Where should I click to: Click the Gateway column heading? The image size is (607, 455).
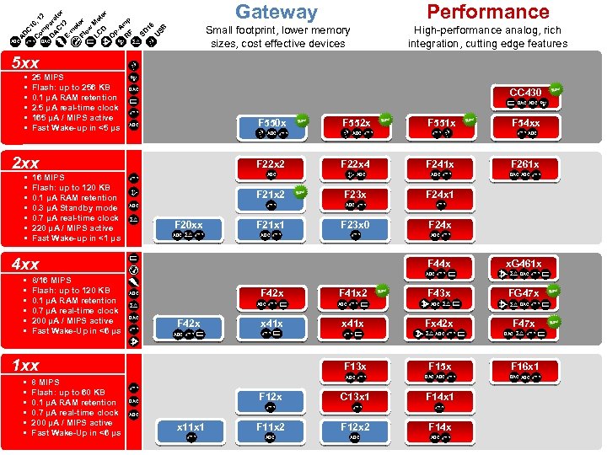[277, 12]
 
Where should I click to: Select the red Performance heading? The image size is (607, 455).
[487, 12]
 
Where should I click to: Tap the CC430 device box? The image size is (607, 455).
[525, 96]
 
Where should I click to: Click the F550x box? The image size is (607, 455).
[271, 127]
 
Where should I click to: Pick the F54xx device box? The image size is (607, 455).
[525, 127]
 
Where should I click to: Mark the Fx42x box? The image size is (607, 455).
[439, 328]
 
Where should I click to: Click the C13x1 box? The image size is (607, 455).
[355, 400]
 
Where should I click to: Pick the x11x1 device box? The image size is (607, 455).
[191, 431]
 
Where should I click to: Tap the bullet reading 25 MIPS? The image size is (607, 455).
[47, 78]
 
